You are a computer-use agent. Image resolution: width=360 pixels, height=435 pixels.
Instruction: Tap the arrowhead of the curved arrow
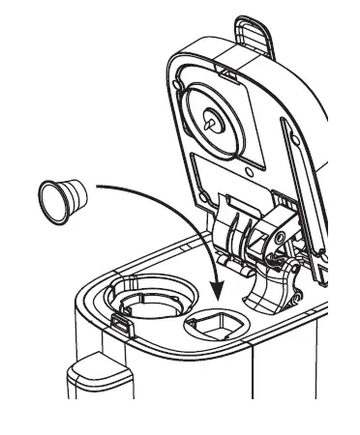(219, 291)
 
